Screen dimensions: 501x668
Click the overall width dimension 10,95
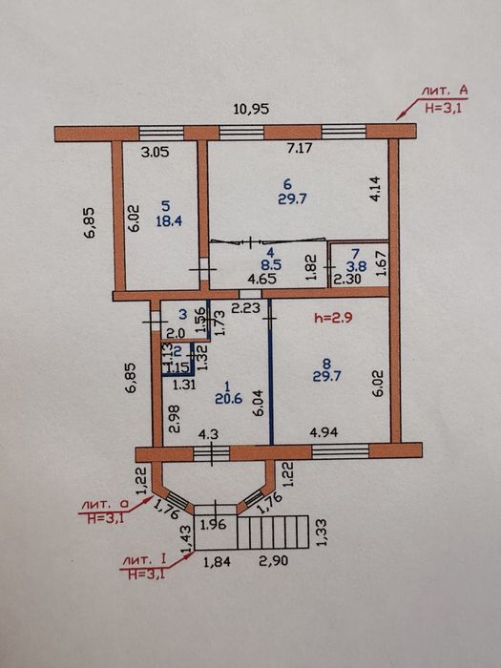click(251, 109)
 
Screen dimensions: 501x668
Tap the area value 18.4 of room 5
click(169, 221)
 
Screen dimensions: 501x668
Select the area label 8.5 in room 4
click(271, 265)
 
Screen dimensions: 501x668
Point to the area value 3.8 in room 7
click(356, 267)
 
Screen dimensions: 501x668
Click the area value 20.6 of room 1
click(229, 399)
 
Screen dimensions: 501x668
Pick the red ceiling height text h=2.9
click(333, 318)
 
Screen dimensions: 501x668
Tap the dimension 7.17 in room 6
click(300, 148)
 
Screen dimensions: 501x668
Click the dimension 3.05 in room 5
click(155, 152)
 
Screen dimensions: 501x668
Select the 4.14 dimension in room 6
click(377, 190)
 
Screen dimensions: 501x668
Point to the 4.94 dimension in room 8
click(324, 432)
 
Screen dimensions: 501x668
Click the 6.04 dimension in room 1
click(259, 404)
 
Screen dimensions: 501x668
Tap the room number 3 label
click(183, 314)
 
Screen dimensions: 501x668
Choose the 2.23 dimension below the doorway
click(245, 307)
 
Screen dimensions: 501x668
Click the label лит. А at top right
click(445, 91)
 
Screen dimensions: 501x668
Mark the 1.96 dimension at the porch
click(213, 525)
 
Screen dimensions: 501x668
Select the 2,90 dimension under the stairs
click(274, 560)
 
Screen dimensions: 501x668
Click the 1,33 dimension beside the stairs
click(322, 532)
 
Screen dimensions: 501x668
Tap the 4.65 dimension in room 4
click(262, 280)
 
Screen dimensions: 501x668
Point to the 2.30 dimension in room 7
click(346, 280)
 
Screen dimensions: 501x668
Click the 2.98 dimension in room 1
click(175, 419)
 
